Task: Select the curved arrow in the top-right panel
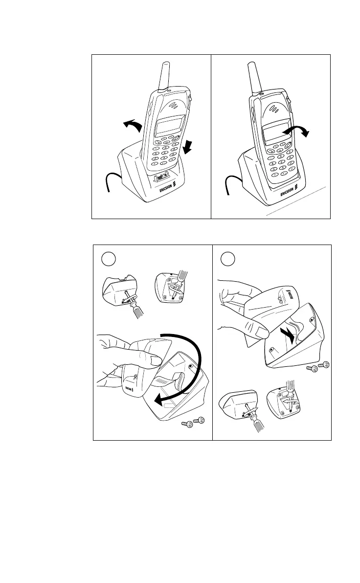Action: point(299,130)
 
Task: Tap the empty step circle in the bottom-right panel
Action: point(226,258)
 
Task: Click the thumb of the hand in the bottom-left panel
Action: point(152,361)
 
